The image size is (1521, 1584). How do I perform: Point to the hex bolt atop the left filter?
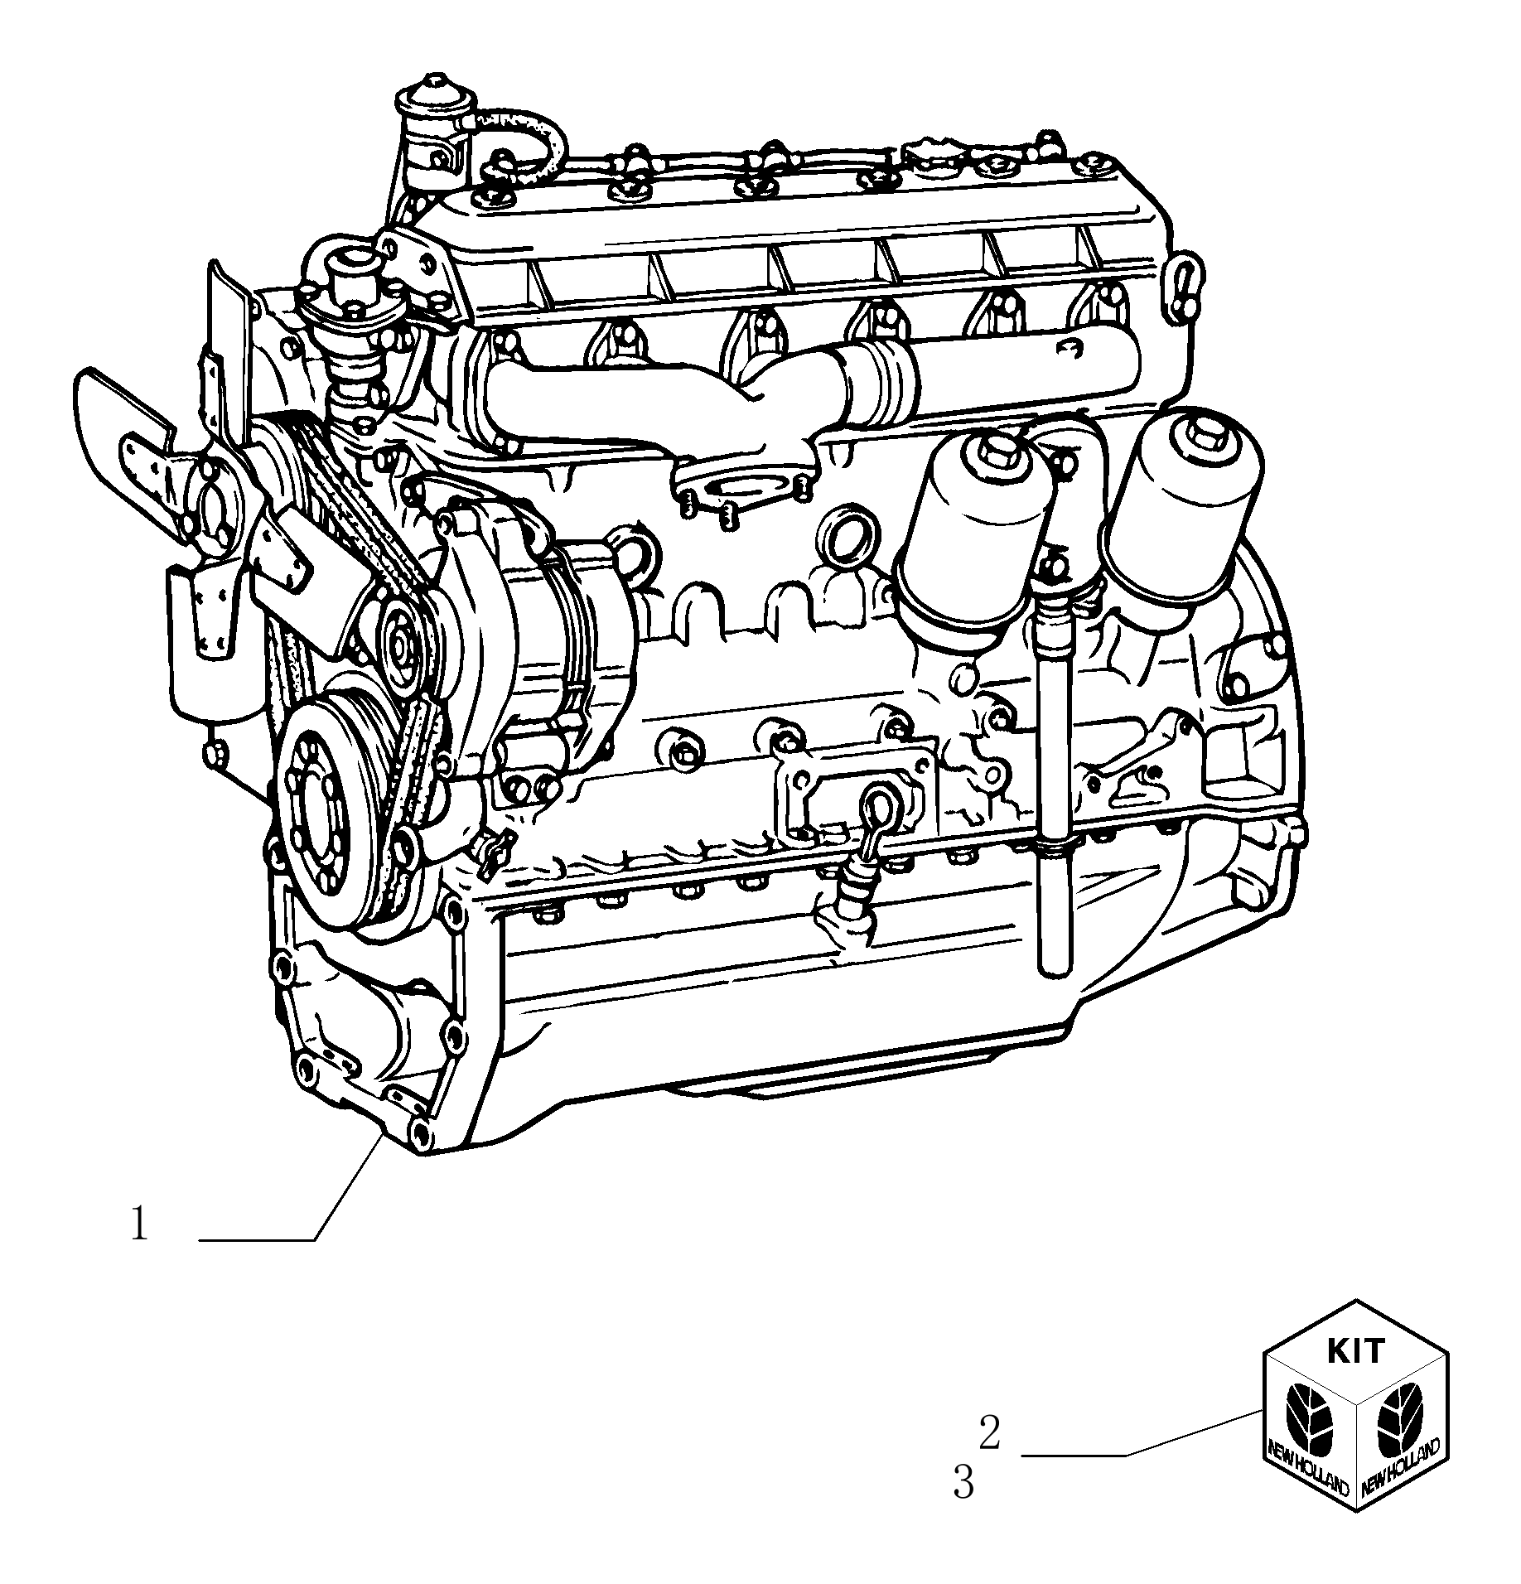pyautogui.click(x=994, y=451)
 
